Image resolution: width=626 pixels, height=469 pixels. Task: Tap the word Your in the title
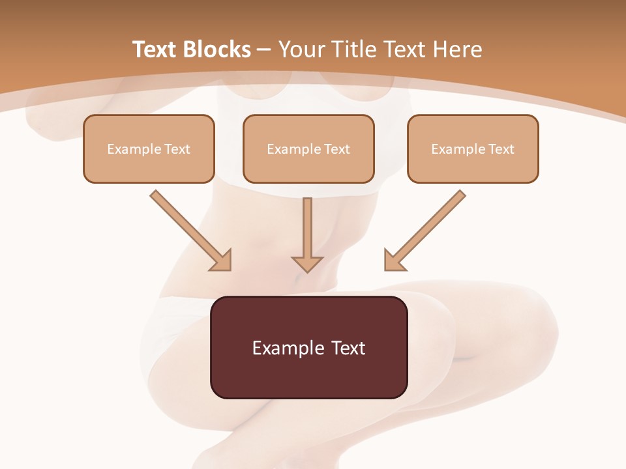coord(303,50)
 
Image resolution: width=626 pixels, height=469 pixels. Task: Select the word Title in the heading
coord(353,50)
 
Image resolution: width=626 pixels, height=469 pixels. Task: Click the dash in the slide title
coord(265,50)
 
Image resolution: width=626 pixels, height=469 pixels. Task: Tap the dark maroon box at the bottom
coord(308,378)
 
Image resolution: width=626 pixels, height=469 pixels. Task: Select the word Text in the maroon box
coord(349,348)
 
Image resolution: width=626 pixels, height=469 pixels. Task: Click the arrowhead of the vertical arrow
coord(308,263)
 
